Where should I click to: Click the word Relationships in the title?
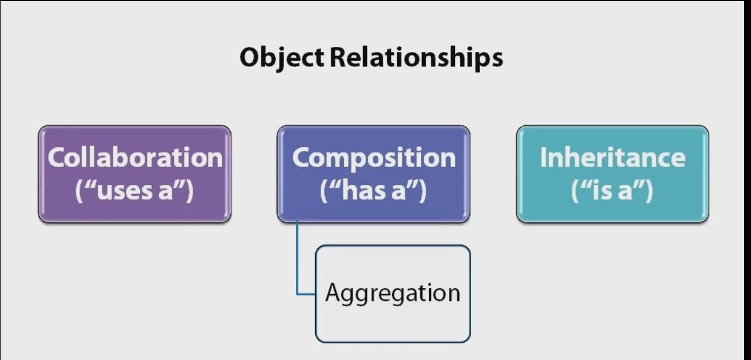click(416, 57)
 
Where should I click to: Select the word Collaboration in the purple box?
click(135, 158)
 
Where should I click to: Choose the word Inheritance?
click(612, 158)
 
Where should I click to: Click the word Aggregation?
click(393, 294)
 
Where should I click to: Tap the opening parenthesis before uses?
click(79, 191)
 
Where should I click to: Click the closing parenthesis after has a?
click(423, 191)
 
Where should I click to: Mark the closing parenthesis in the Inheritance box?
click(649, 191)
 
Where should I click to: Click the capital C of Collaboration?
click(57, 158)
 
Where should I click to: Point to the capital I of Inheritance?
click(543, 158)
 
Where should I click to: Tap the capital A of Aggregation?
click(334, 292)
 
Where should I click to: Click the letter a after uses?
click(165, 192)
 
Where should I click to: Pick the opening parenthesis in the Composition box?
click(324, 191)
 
